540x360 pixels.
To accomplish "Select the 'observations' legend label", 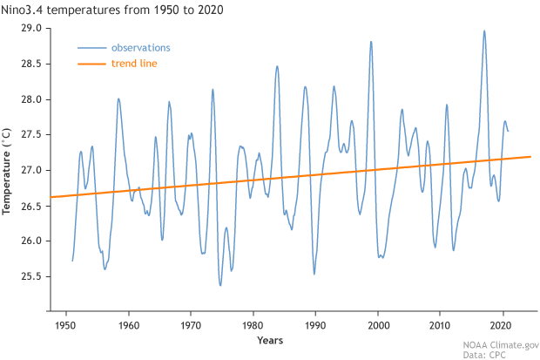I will (x=141, y=47).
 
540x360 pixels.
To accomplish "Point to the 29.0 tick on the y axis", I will (x=31, y=29).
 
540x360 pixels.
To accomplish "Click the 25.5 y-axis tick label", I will (x=31, y=276).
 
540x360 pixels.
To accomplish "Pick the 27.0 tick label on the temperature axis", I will (x=31, y=170).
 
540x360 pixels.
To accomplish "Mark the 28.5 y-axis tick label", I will (x=31, y=65).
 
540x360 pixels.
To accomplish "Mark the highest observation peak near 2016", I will (x=484, y=31).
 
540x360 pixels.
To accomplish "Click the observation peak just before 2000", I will (x=371, y=41).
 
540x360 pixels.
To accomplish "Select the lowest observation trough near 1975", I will (x=220, y=285).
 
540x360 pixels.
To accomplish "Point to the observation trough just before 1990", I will (x=314, y=274).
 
